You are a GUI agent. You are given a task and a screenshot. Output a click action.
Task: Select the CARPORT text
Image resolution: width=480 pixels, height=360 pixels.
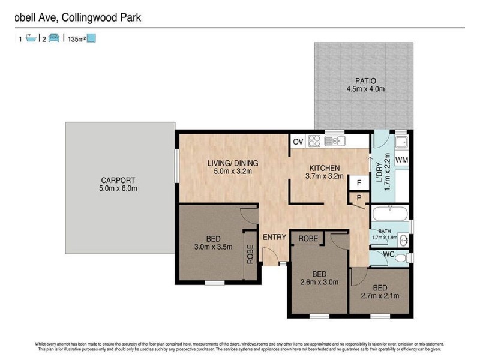[118, 180]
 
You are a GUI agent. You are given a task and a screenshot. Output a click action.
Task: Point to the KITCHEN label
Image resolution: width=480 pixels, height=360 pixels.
[325, 168]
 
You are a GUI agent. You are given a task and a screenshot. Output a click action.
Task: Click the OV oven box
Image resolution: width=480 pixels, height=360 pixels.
[298, 142]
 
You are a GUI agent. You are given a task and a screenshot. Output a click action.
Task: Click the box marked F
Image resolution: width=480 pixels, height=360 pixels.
[359, 183]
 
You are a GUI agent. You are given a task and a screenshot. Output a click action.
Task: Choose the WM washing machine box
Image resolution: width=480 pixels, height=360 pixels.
[401, 160]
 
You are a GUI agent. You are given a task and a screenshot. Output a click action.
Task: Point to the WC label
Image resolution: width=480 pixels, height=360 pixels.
[388, 255]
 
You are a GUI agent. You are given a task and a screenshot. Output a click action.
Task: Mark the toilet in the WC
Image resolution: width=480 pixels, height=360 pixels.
[407, 257]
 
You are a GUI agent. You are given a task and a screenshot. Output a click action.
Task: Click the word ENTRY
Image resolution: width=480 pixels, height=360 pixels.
[274, 238]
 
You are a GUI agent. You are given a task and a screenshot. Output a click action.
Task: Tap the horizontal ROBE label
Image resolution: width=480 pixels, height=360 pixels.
[308, 238]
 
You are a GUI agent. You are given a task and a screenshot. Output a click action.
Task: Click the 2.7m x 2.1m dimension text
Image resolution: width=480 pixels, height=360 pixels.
[379, 295]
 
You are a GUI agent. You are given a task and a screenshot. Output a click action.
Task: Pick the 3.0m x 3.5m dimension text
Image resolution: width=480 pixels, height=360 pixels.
[212, 247]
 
